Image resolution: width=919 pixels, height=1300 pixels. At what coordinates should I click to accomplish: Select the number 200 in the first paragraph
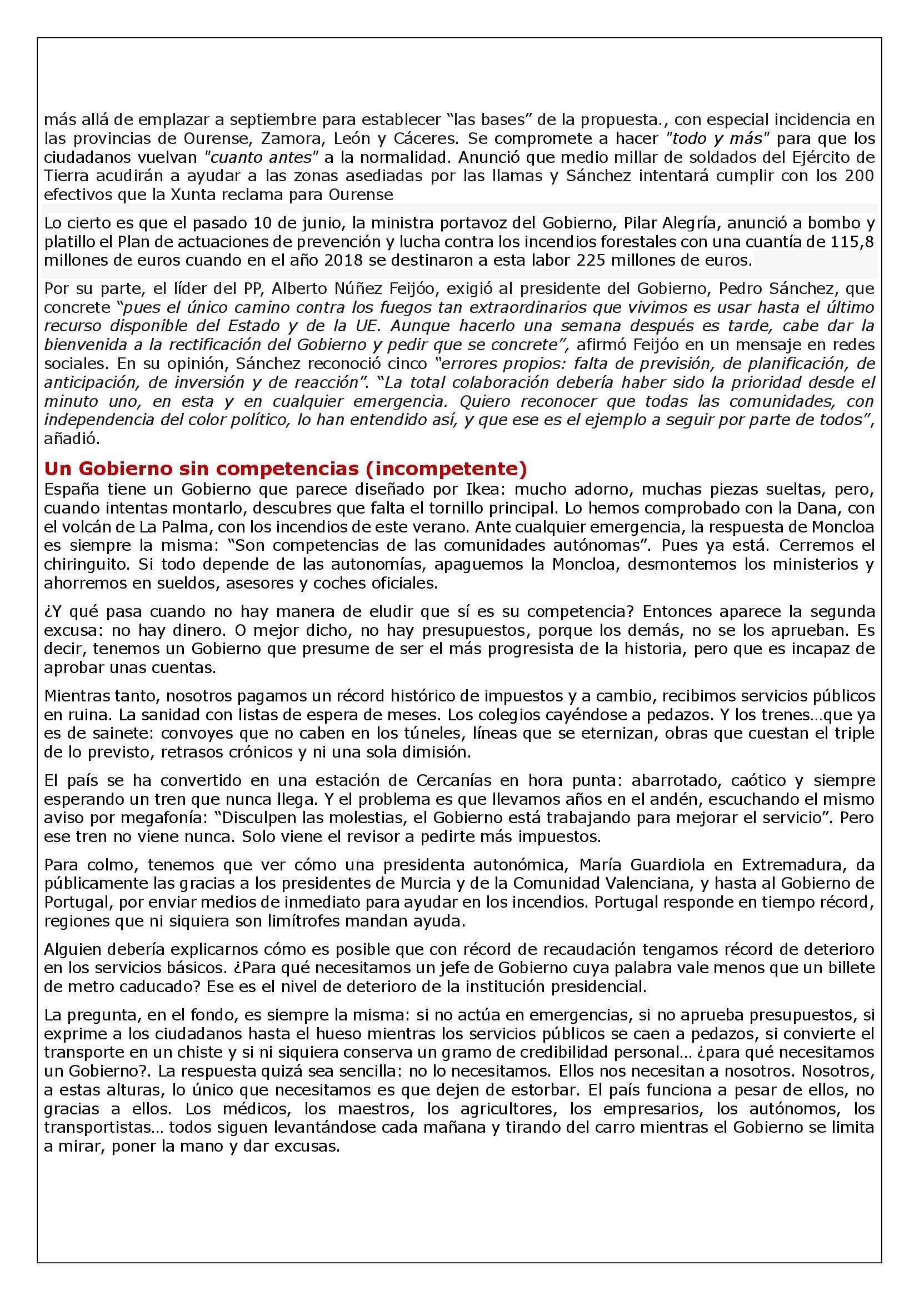pyautogui.click(x=859, y=176)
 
